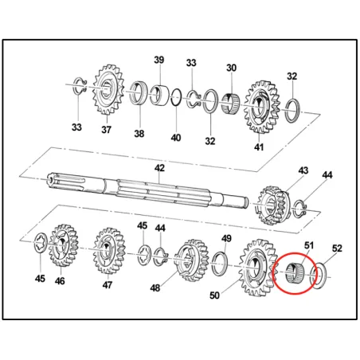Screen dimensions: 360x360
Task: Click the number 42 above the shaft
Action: coord(160,168)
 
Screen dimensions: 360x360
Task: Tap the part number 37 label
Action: coord(106,130)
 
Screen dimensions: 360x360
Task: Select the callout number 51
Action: coord(309,245)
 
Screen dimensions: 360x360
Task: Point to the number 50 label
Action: coord(214,295)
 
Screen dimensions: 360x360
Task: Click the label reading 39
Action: coord(159,60)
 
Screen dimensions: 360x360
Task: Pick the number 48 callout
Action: coord(155,288)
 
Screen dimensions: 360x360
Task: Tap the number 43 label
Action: coord(303,170)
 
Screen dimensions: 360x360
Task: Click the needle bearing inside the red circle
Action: coord(294,272)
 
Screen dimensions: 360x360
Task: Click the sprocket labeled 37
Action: coord(108,90)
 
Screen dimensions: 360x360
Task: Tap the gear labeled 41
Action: coord(261,107)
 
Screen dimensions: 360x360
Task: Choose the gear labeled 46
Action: coord(63,245)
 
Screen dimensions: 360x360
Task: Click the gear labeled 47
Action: coord(109,250)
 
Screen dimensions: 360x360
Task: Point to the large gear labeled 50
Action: coord(257,268)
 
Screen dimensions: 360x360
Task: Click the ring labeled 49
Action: coord(220,264)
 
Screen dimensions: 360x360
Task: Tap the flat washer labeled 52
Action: coord(319,276)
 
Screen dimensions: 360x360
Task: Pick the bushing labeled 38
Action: coord(139,92)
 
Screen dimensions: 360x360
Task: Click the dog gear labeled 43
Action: coord(274,205)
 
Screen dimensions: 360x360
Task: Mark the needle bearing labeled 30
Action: coord(230,103)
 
